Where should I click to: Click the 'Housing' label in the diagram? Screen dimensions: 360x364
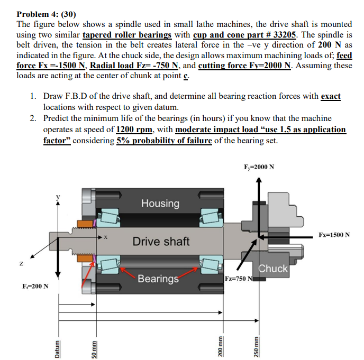click(160, 203)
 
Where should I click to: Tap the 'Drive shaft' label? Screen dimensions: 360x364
click(161, 242)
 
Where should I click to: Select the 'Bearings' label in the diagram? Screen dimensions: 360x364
click(158, 279)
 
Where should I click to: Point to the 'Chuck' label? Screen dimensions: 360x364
click(274, 269)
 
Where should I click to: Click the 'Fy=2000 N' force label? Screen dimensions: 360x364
click(259, 167)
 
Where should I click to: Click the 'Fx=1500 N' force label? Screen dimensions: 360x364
click(334, 234)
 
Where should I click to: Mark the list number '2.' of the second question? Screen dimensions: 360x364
click(33, 118)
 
